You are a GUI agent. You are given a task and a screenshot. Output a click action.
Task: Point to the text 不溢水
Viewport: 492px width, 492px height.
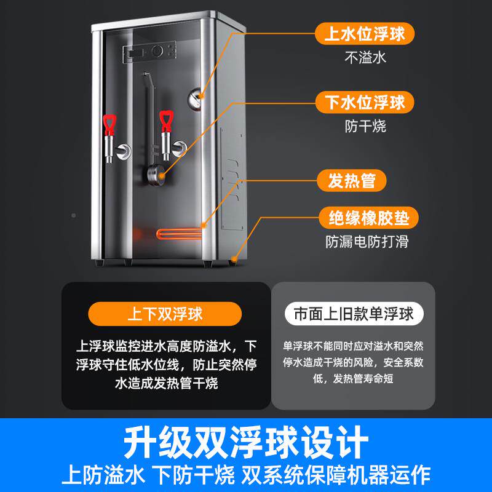pyautogui.click(x=365, y=58)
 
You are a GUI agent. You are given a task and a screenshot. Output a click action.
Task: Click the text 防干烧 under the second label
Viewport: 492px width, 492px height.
pyautogui.click(x=365, y=127)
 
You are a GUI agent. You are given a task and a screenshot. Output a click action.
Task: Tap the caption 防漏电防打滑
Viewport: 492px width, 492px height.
pyautogui.click(x=367, y=242)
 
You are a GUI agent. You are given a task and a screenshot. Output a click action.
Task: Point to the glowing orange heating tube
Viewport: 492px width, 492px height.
pyautogui.click(x=178, y=234)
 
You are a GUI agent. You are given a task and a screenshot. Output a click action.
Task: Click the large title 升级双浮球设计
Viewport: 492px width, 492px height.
pyautogui.click(x=246, y=442)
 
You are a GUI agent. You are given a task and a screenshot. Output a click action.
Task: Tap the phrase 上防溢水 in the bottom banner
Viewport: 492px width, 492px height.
pyautogui.click(x=103, y=475)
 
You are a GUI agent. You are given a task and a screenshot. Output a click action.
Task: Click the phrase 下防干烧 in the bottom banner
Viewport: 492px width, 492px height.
pyautogui.click(x=202, y=475)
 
